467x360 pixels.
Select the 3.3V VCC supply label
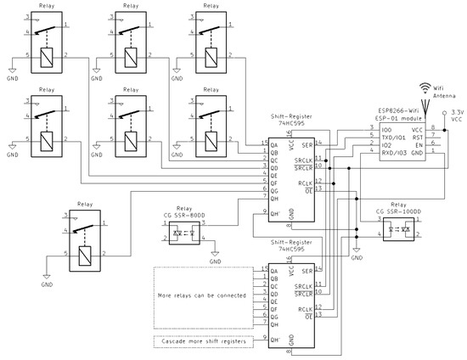pyautogui.click(x=456, y=115)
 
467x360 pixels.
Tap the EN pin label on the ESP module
pyautogui.click(x=417, y=143)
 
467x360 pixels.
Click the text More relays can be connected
pyautogui.click(x=202, y=295)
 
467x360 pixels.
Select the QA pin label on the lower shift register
pyautogui.click(x=273, y=269)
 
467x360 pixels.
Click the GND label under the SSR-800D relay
pyautogui.click(x=216, y=262)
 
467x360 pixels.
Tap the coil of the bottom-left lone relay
pyautogui.click(x=82, y=252)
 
